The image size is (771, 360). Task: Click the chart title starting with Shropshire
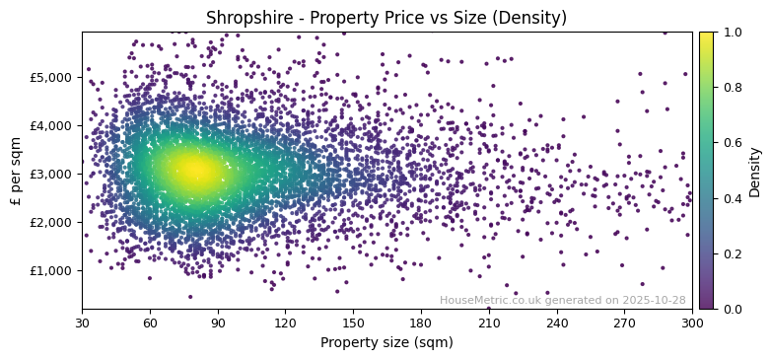[x=386, y=18]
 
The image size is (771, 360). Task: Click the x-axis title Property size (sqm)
[x=386, y=342]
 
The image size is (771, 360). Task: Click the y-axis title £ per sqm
[x=16, y=171]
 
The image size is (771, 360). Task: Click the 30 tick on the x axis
[x=82, y=323]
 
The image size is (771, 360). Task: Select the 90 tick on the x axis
[x=218, y=323]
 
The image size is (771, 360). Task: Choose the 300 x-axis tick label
[x=692, y=323]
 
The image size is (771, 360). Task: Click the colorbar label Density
[x=755, y=171]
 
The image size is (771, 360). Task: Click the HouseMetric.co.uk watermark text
[x=562, y=300]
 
